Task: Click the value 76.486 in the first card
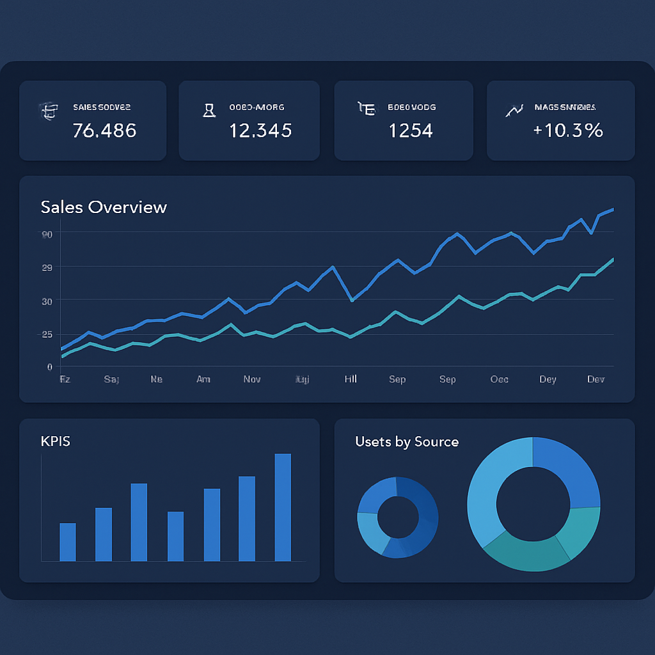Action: point(104,130)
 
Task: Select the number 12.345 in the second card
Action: point(260,130)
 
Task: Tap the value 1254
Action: point(411,130)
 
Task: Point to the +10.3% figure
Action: point(568,130)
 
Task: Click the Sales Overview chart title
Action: point(104,207)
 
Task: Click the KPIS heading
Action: point(55,441)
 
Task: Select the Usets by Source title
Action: point(407,441)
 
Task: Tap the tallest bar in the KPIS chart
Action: point(283,507)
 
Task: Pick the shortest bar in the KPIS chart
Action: point(68,542)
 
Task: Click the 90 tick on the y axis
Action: point(47,234)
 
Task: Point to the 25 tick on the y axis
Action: point(47,335)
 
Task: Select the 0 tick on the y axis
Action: point(49,367)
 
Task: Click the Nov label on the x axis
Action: point(252,379)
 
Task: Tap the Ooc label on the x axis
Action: point(499,379)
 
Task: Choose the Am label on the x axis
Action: point(203,379)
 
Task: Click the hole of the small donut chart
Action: point(397,517)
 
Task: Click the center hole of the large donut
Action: point(533,503)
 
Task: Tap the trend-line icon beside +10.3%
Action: point(514,110)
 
